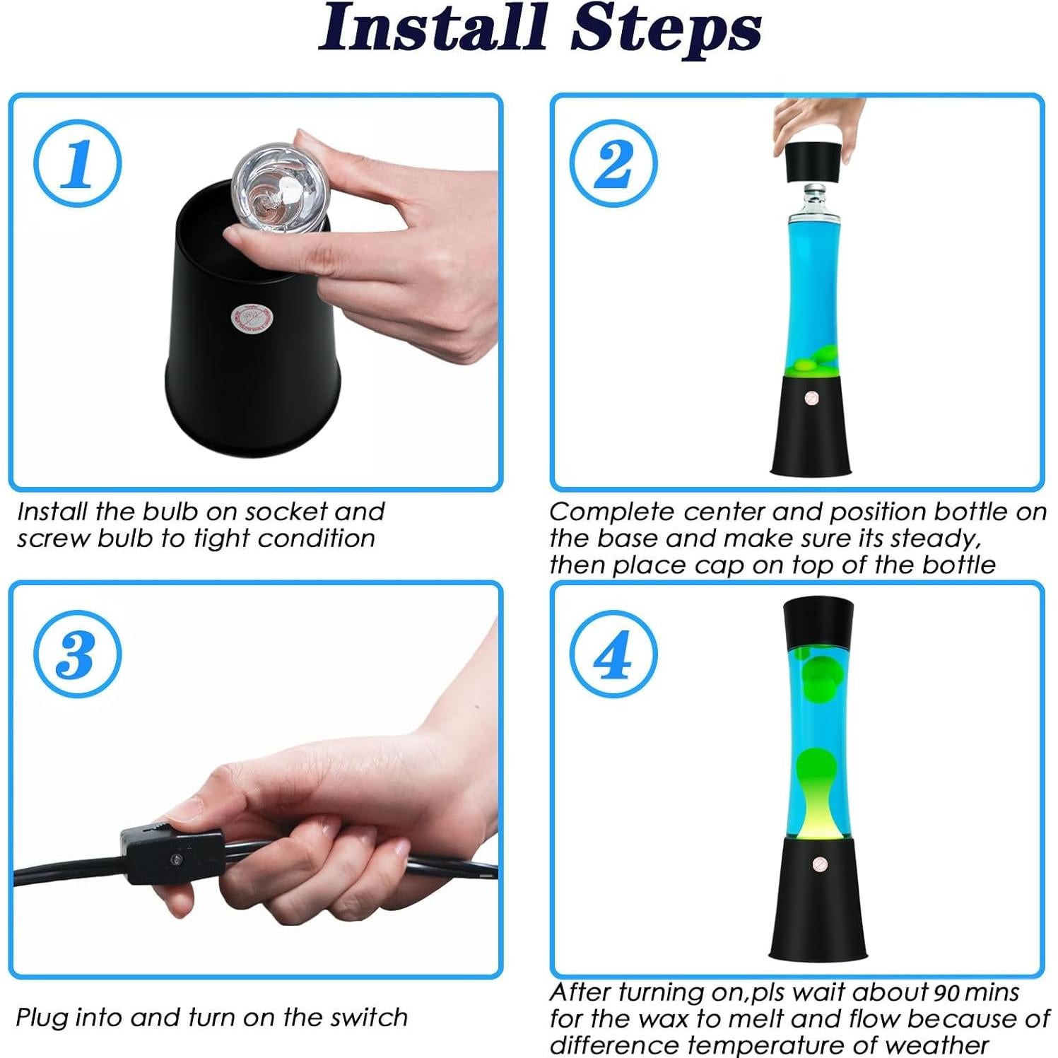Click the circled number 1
78,163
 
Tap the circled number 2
613,163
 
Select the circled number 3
78,654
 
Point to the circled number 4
613,654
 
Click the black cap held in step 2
811,162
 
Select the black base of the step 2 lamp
811,424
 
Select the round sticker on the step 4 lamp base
819,864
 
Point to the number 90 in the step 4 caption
946,993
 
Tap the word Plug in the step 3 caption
42,1018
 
